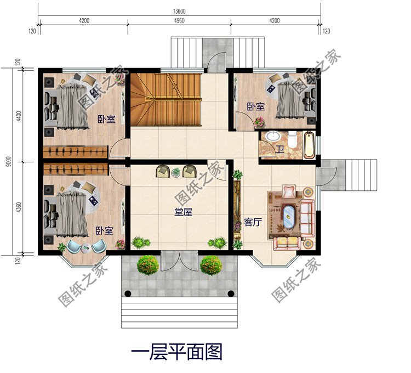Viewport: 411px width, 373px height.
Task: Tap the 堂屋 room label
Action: (x=183, y=212)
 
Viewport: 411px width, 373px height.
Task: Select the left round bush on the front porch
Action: (x=148, y=265)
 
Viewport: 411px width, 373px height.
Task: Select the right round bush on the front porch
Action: (x=211, y=265)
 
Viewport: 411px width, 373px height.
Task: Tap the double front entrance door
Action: (x=179, y=262)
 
